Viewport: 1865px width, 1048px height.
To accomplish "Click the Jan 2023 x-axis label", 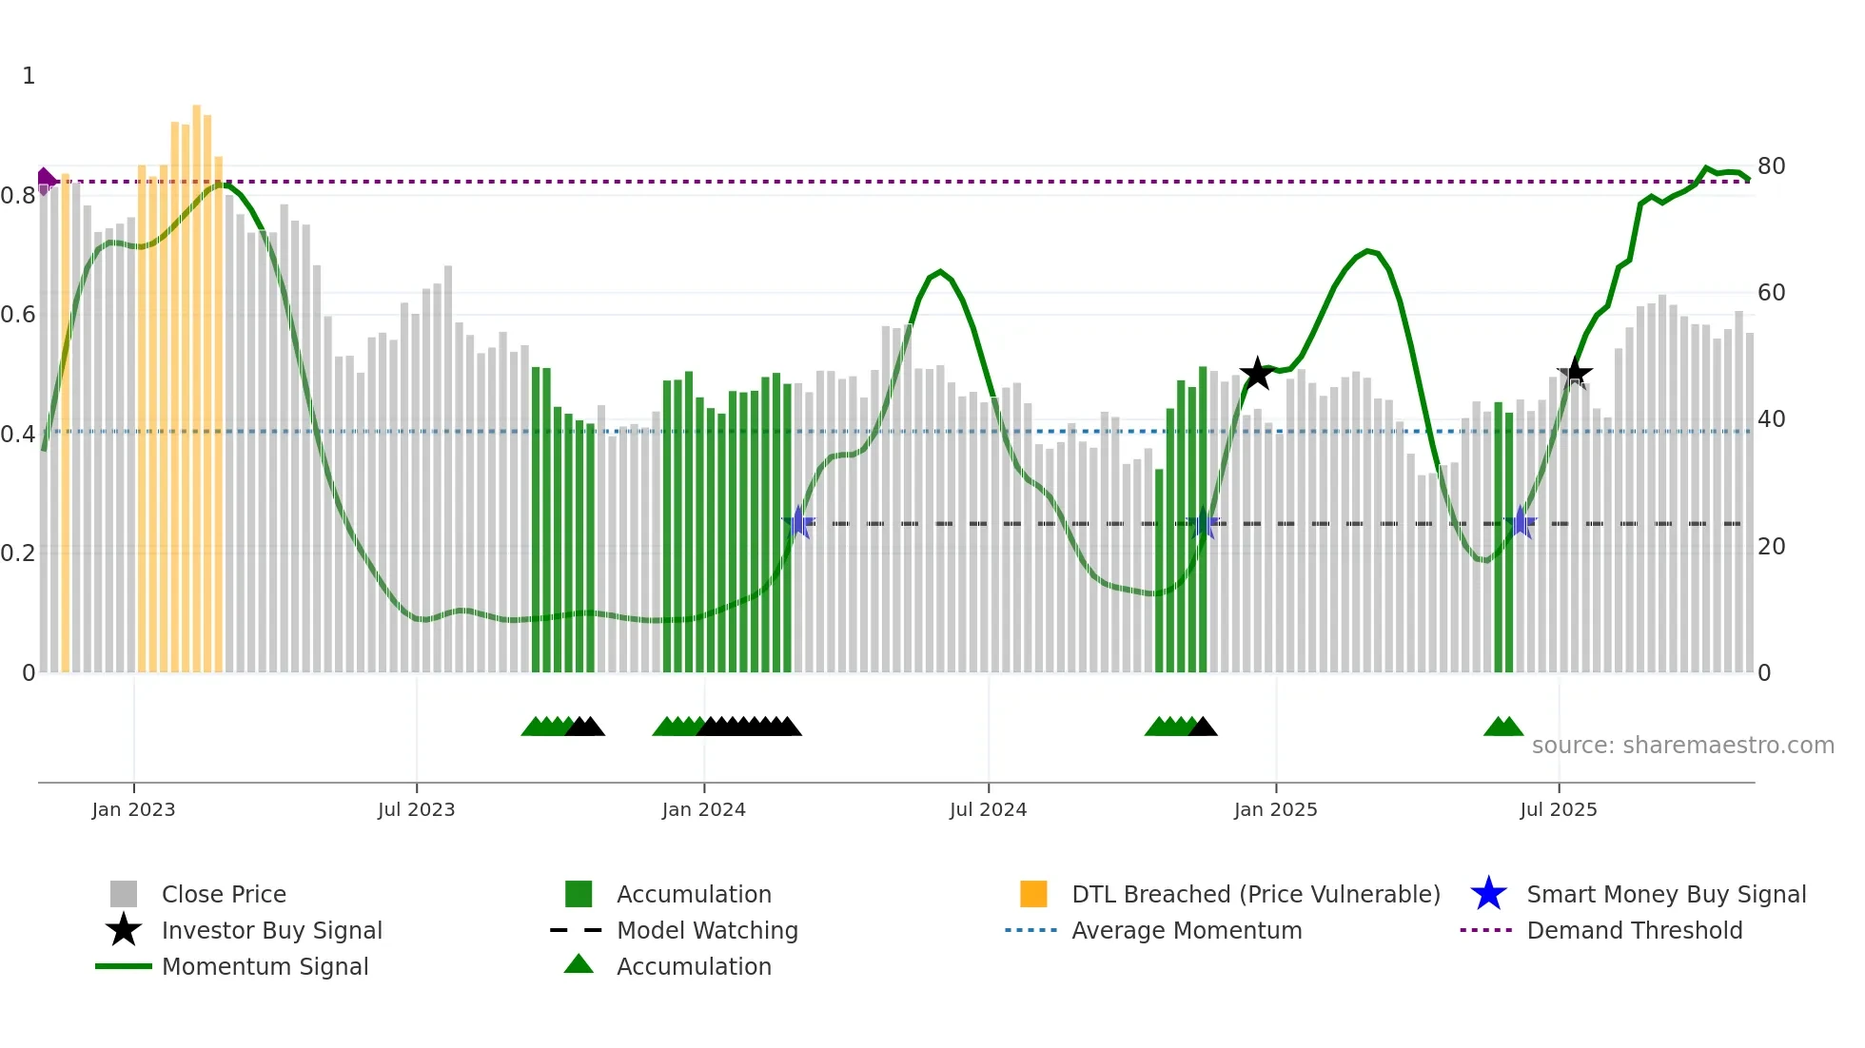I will [x=133, y=809].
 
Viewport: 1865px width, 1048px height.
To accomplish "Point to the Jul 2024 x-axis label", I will [x=988, y=809].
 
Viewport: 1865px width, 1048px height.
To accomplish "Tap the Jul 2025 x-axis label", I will [x=1558, y=809].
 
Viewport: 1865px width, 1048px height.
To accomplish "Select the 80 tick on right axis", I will [x=1771, y=166].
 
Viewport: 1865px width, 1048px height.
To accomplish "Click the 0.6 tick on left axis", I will [x=18, y=315].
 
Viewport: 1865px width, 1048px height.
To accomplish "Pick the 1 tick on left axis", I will [x=29, y=76].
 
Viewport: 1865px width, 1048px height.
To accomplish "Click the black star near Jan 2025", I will [x=1257, y=374].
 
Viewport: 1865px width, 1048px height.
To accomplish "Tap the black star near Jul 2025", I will [x=1574, y=373].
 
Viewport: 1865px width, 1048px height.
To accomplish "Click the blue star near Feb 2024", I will [x=798, y=522].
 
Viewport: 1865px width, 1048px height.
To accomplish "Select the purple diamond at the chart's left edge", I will [x=45, y=179].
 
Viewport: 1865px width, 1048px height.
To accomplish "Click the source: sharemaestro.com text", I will [x=1682, y=746].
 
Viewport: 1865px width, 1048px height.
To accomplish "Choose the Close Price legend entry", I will [x=224, y=894].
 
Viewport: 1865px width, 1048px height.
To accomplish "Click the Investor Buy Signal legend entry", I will [x=271, y=930].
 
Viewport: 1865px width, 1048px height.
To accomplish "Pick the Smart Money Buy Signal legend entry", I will [x=1665, y=894].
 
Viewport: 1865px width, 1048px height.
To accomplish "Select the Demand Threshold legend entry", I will [x=1634, y=930].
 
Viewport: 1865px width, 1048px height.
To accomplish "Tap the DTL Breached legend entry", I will [x=1255, y=894].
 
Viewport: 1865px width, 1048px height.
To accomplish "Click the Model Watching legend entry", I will [x=706, y=930].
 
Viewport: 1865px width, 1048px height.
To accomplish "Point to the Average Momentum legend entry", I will [x=1186, y=930].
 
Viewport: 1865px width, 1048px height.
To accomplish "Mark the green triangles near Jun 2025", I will [x=1503, y=727].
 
